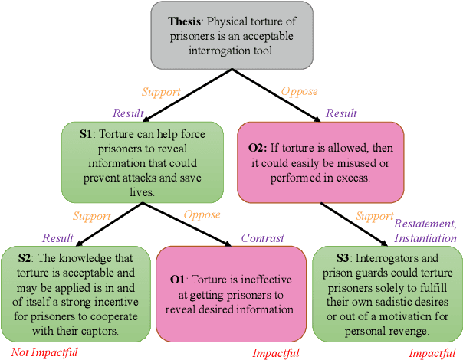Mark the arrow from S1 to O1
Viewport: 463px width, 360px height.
(x=191, y=223)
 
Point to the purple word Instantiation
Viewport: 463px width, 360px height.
(x=425, y=237)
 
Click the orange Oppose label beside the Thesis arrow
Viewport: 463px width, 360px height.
(x=299, y=91)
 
